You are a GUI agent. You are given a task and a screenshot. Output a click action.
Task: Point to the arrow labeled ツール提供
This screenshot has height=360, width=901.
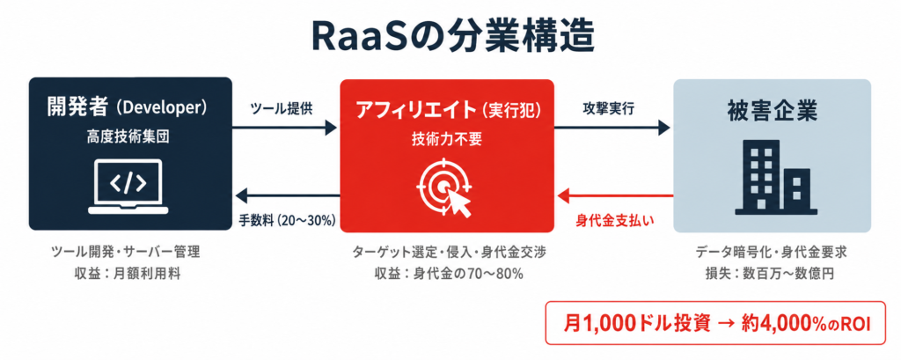[284, 127]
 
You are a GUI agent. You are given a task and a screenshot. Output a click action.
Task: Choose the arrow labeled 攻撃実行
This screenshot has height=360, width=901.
[613, 127]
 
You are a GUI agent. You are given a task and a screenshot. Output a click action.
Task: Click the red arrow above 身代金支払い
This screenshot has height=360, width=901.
[613, 196]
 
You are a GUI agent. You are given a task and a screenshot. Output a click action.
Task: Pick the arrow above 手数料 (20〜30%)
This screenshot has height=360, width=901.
[286, 196]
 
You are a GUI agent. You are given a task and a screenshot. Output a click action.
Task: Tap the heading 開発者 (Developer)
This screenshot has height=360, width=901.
[128, 108]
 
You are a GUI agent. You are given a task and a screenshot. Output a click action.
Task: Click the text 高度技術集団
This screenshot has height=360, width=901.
[128, 138]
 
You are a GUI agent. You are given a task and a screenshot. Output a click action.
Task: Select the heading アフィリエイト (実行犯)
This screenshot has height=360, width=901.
[446, 110]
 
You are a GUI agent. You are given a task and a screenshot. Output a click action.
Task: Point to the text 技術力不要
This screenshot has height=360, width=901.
[446, 139]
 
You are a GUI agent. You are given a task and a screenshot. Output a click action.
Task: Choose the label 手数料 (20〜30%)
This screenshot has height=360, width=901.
[287, 221]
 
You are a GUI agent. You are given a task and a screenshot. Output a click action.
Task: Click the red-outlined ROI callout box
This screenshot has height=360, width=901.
[715, 323]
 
